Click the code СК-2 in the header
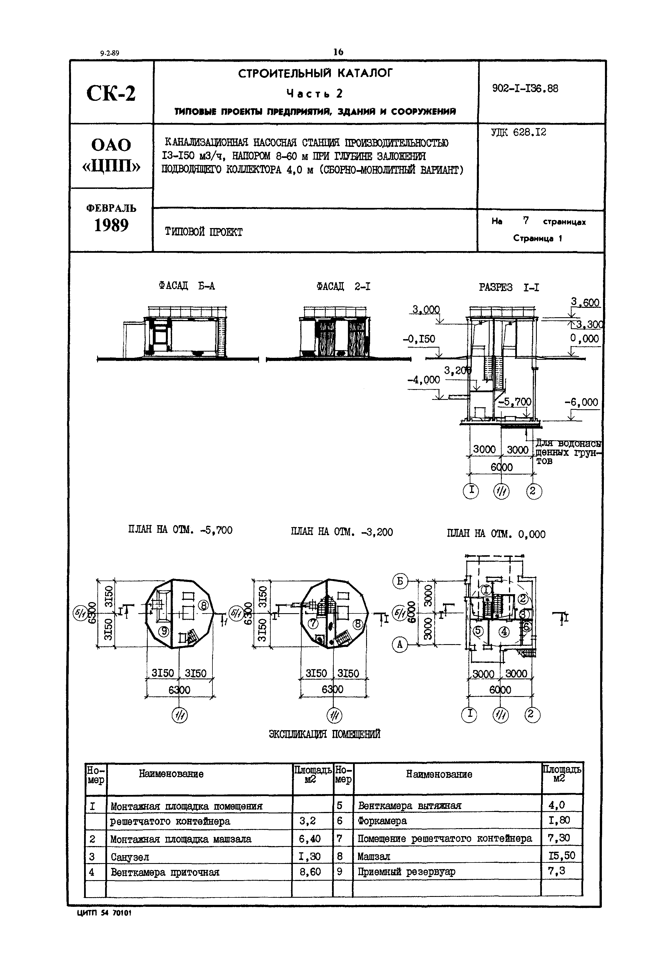[x=111, y=93]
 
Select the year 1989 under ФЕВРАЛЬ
[x=111, y=226]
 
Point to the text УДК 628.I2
[x=518, y=132]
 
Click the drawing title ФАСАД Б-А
[x=187, y=286]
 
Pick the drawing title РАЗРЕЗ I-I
[x=509, y=288]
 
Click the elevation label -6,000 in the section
[x=581, y=402]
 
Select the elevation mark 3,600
[x=585, y=302]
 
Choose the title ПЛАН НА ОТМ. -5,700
[x=180, y=530]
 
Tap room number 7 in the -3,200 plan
[x=313, y=623]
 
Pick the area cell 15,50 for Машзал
[x=562, y=855]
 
